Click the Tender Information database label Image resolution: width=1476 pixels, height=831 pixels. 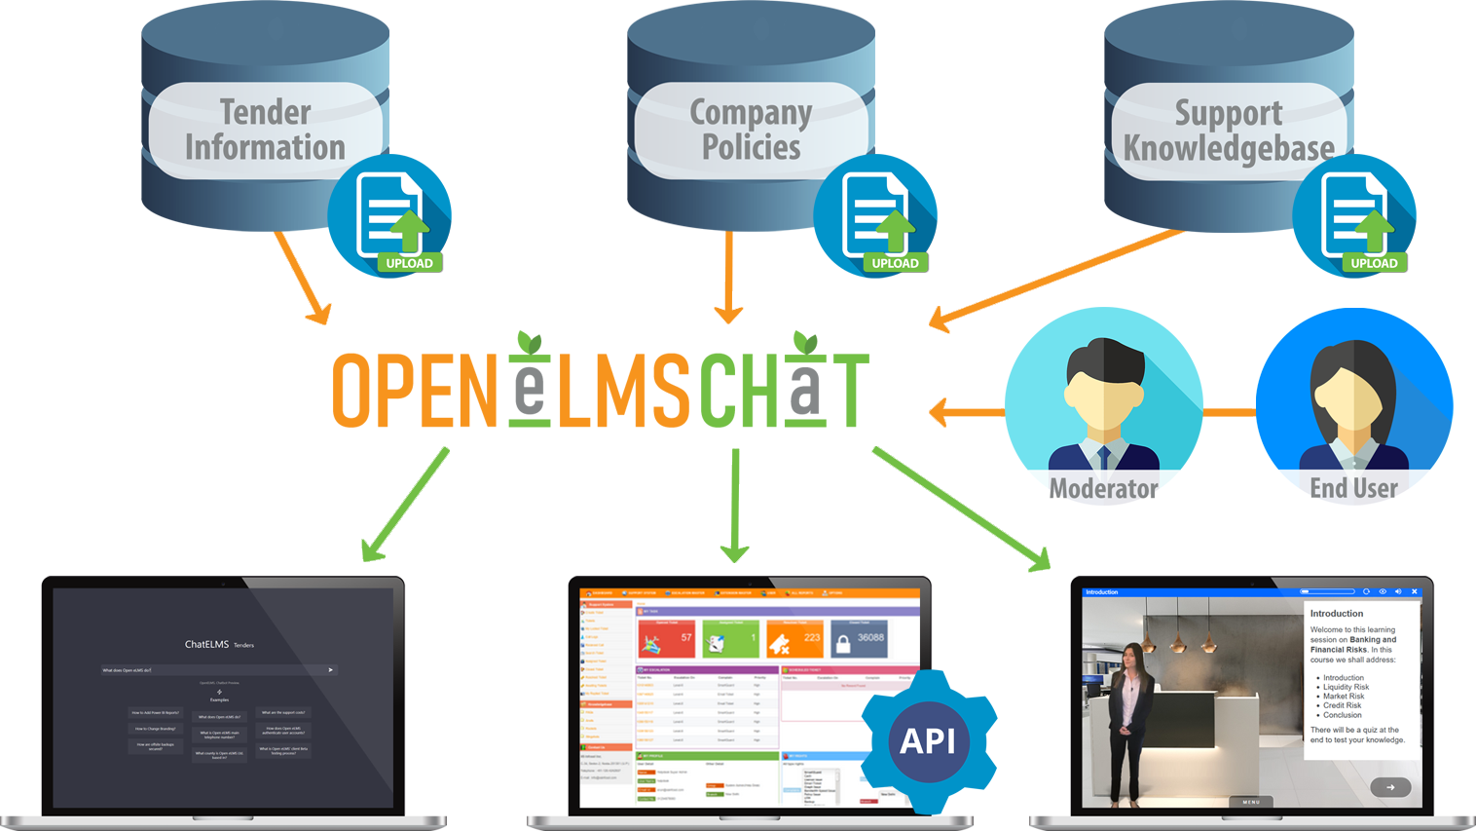(x=265, y=130)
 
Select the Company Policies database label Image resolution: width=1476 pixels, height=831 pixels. (x=751, y=130)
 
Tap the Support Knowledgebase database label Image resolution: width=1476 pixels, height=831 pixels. (x=1229, y=131)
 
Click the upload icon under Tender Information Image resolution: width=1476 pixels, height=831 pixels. (x=389, y=217)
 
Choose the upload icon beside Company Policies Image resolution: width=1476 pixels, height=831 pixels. (x=875, y=217)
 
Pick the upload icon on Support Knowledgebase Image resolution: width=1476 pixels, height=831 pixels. (x=1354, y=217)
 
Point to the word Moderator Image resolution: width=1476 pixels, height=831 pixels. (x=1103, y=488)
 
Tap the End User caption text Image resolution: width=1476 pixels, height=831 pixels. (x=1353, y=488)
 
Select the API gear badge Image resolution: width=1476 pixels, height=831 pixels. (x=928, y=741)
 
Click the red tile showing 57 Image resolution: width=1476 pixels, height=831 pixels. (x=666, y=639)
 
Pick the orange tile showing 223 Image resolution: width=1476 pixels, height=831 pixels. (x=794, y=639)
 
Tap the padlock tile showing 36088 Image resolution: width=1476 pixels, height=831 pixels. (x=859, y=639)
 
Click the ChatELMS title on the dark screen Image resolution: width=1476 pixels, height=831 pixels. (x=206, y=644)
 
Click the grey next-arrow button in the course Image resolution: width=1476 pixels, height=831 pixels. (x=1390, y=787)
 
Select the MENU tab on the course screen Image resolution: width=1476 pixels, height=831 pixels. (x=1251, y=802)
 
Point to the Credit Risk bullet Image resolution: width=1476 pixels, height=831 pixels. (x=1342, y=705)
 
